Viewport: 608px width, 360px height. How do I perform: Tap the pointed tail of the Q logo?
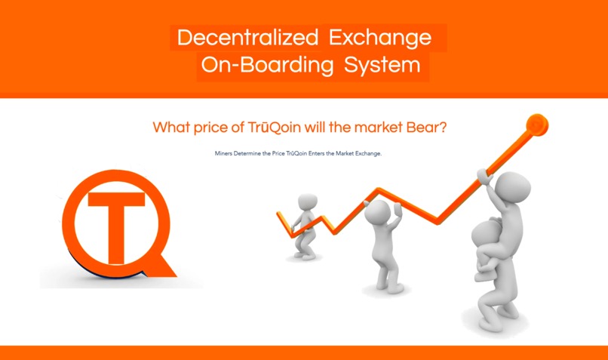click(x=165, y=268)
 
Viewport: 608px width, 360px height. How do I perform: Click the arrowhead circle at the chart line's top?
click(x=537, y=124)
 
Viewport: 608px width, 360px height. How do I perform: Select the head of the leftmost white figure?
click(x=306, y=202)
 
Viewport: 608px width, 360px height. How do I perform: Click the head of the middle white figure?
click(x=376, y=211)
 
